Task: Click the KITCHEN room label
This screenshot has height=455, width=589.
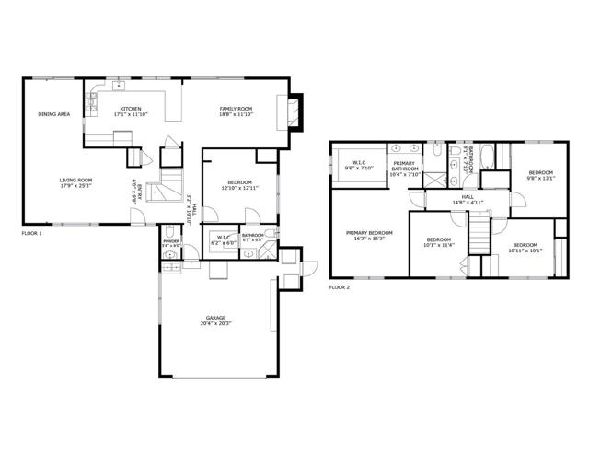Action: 131,109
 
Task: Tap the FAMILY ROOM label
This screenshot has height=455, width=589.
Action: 236,109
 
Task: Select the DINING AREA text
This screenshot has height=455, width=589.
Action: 54,114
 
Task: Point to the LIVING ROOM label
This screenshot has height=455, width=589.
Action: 76,181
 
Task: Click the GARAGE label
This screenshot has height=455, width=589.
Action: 215,319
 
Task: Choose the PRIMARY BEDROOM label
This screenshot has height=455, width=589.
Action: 369,232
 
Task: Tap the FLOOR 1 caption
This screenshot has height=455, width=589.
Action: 32,234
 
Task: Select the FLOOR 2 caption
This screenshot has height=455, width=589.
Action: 340,287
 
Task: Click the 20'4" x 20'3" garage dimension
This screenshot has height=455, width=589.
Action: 215,325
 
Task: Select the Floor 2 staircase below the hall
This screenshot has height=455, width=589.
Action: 479,234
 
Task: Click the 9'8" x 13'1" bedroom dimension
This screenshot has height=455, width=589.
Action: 541,179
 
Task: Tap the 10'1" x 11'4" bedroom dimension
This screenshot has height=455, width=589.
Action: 439,245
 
